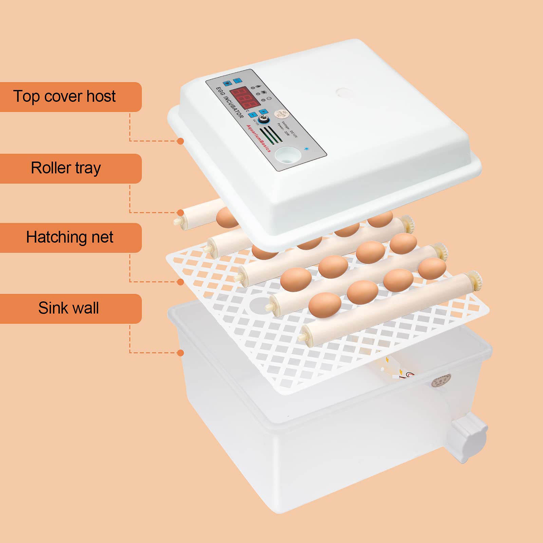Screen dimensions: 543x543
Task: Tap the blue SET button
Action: click(238, 81)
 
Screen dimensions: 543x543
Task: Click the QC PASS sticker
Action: click(281, 114)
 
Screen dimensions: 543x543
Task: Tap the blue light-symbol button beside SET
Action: click(227, 83)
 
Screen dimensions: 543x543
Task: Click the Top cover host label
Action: click(64, 97)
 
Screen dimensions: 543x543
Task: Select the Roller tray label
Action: click(66, 168)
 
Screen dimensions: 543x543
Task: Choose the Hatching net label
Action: click(70, 238)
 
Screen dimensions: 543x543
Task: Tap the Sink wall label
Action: click(69, 308)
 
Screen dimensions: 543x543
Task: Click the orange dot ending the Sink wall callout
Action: click(181, 353)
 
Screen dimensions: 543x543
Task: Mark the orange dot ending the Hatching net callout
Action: click(181, 282)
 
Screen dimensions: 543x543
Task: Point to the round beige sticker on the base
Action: click(441, 380)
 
